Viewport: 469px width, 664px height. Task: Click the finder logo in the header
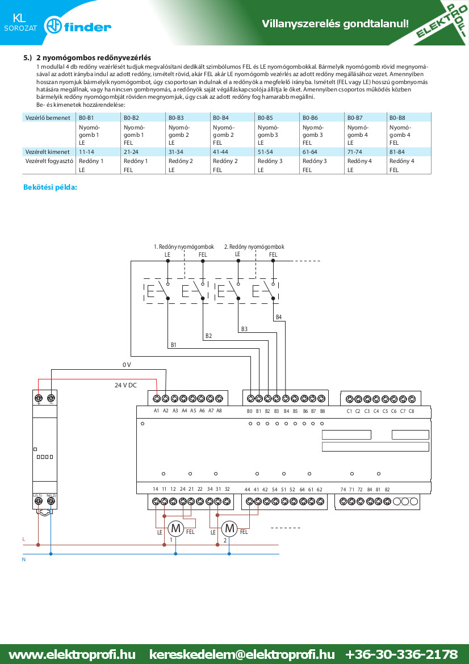coord(78,27)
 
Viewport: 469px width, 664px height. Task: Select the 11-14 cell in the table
coord(86,152)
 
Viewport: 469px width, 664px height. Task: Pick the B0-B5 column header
coord(265,118)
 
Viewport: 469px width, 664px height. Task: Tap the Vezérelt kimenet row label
coord(47,152)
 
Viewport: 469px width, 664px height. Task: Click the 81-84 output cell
coord(397,152)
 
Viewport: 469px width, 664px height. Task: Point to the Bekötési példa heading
coord(51,187)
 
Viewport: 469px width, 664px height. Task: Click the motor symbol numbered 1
coord(175,528)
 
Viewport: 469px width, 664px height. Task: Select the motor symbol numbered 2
coord(229,528)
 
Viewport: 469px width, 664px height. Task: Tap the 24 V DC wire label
coord(125,385)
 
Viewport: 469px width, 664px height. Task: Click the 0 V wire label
coord(127,365)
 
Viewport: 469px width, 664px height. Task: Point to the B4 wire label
coord(279,317)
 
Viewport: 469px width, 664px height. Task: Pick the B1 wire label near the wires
coord(173,345)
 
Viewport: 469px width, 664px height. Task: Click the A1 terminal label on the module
coord(156,411)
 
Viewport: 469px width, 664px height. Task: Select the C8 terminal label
coord(411,411)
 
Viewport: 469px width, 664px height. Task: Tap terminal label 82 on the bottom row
coord(387,490)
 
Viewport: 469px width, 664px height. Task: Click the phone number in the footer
coord(401,654)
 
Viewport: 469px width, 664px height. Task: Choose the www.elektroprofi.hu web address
coord(72,654)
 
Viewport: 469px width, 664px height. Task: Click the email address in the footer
coord(242,654)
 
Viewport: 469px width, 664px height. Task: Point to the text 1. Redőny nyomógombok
coord(184,247)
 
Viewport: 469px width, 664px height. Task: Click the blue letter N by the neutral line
coord(24,559)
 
